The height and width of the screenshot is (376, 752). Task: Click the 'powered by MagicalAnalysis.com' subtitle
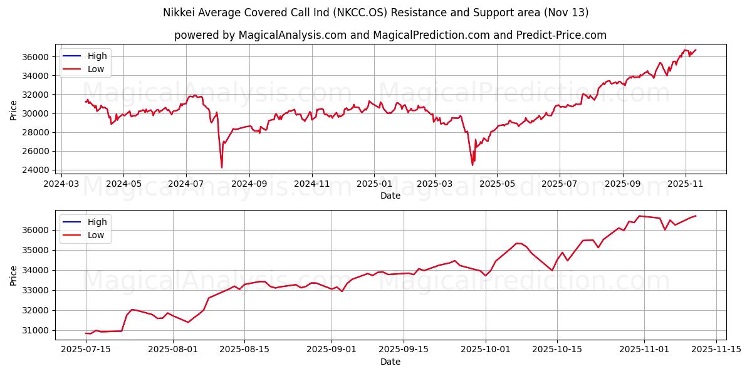390,35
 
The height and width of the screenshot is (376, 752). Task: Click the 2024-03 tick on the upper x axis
61,184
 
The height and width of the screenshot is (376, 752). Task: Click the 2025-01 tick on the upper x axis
374,184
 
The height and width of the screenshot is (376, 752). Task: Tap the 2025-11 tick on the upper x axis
686,184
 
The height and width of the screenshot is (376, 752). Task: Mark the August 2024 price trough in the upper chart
221,167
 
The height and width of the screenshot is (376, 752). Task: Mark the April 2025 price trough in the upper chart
473,165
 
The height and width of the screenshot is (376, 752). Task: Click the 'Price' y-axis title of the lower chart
14,275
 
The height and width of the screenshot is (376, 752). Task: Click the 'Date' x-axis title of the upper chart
390,196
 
